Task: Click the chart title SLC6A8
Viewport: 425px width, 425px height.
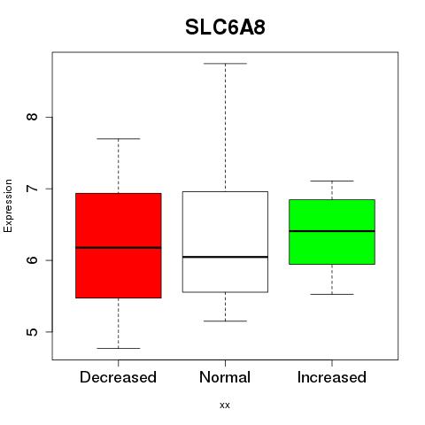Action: pyautogui.click(x=225, y=27)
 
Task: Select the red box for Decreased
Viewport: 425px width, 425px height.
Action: pyautogui.click(x=119, y=245)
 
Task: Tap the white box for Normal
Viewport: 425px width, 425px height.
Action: pyautogui.click(x=225, y=242)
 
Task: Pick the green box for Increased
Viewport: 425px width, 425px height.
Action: pyautogui.click(x=332, y=232)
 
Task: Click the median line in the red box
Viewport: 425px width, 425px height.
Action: pyautogui.click(x=119, y=248)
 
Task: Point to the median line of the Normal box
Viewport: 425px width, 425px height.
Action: pyautogui.click(x=225, y=257)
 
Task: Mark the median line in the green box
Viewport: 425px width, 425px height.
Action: pyautogui.click(x=332, y=231)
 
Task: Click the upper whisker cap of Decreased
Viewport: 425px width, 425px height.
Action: pyautogui.click(x=119, y=138)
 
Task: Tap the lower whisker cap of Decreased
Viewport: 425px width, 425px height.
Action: pyautogui.click(x=119, y=348)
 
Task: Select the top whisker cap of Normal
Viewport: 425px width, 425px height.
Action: pyautogui.click(x=225, y=64)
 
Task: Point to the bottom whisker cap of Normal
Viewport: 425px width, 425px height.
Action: pyautogui.click(x=225, y=321)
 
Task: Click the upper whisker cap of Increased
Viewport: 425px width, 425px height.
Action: pyautogui.click(x=332, y=181)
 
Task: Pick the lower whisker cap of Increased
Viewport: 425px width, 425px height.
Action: pyautogui.click(x=332, y=294)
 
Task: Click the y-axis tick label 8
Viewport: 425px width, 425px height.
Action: pyautogui.click(x=32, y=117)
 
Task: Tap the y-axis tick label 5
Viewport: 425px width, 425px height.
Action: pyautogui.click(x=32, y=332)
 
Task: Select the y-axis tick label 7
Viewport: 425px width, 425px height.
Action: pyautogui.click(x=32, y=189)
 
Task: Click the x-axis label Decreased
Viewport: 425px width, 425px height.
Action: pyautogui.click(x=118, y=377)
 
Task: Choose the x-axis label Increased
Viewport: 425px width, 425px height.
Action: pyautogui.click(x=332, y=377)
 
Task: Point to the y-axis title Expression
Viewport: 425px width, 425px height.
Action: pyautogui.click(x=8, y=205)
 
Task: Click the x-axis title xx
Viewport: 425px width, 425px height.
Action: pyautogui.click(x=225, y=406)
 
